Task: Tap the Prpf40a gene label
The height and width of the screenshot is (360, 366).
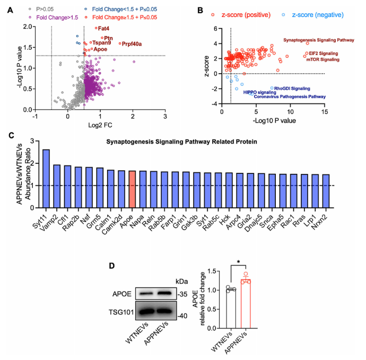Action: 132,44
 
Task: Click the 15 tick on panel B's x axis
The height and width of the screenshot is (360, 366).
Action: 324,112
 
